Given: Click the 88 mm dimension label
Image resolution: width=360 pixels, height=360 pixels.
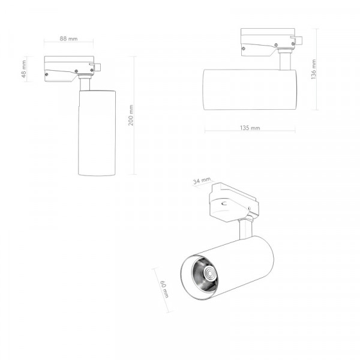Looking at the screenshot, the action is click(68, 38).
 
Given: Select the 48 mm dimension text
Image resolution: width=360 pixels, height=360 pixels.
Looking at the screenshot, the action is click(24, 69).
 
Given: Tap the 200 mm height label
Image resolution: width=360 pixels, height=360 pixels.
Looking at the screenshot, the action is click(131, 115).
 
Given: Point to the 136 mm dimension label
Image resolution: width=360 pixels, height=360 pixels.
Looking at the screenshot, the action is click(314, 69).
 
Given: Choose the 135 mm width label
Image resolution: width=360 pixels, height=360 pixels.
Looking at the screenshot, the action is click(250, 128).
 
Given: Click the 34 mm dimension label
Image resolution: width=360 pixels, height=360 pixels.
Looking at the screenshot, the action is click(202, 181).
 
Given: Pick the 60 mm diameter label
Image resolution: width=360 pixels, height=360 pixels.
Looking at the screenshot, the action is click(164, 289).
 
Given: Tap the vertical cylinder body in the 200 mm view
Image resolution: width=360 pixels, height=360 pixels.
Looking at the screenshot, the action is click(97, 133).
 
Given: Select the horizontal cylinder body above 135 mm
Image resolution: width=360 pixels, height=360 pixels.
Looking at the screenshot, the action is click(250, 89).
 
